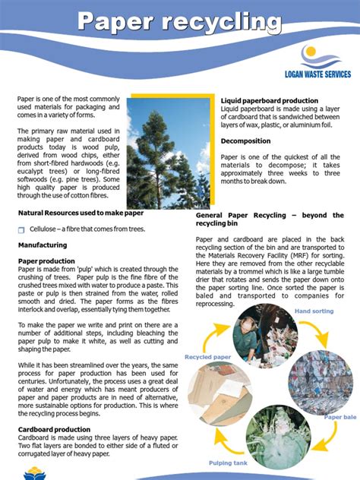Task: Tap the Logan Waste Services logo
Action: click(x=317, y=64)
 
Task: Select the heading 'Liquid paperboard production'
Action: click(x=270, y=100)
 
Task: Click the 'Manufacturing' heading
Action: click(x=43, y=245)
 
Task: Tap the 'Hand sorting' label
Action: click(x=314, y=311)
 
